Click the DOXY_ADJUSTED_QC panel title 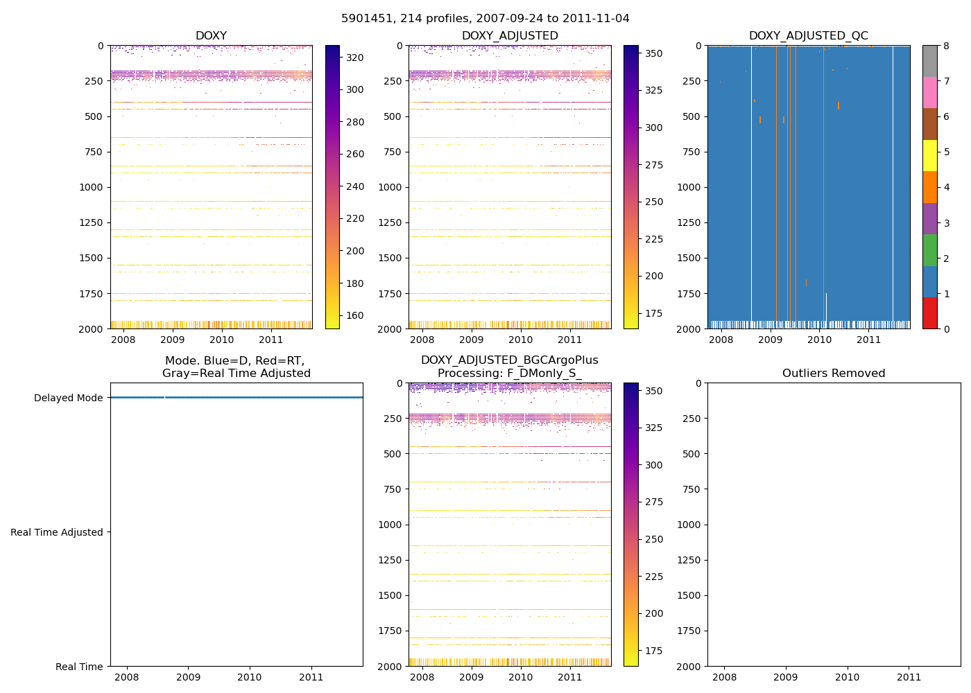(808, 36)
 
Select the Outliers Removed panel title (834, 374)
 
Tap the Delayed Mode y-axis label (68, 398)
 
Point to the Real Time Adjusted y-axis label (57, 532)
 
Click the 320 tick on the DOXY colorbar (355, 58)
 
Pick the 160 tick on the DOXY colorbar (355, 315)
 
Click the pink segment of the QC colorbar (930, 93)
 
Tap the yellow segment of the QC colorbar (930, 156)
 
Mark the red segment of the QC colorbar (930, 313)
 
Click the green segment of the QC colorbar (930, 250)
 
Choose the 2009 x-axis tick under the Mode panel (188, 677)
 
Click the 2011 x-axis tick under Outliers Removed (909, 677)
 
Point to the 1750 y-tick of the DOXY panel (92, 294)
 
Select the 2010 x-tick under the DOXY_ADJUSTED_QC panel (819, 340)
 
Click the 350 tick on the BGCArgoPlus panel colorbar (653, 391)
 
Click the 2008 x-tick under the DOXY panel (123, 340)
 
